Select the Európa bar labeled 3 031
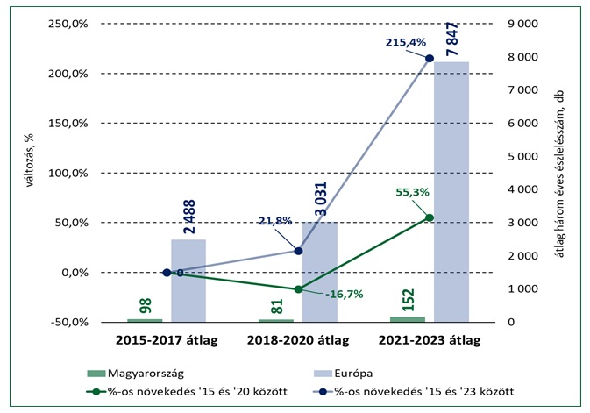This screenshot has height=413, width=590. (x=319, y=272)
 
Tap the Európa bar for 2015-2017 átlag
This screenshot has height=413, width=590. (x=188, y=281)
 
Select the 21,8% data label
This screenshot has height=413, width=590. (x=274, y=221)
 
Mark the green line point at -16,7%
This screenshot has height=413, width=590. (x=298, y=289)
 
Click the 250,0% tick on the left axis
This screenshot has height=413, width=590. (x=63, y=24)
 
